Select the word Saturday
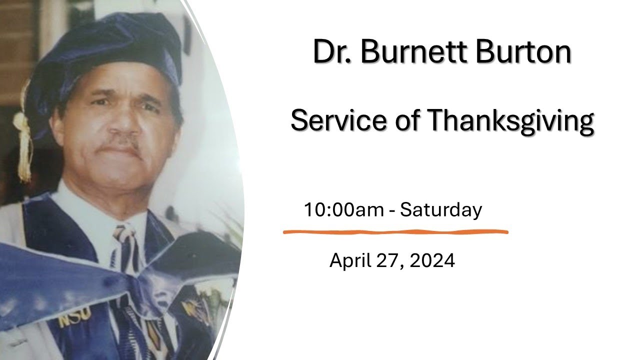(x=441, y=210)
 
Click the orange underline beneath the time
(x=395, y=232)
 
